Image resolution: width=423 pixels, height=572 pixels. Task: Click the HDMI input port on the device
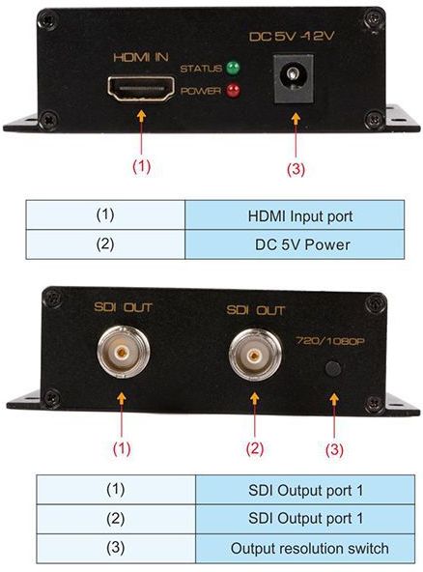click(141, 89)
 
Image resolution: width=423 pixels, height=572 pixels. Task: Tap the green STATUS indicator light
click(233, 68)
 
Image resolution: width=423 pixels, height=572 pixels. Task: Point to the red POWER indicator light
click(233, 91)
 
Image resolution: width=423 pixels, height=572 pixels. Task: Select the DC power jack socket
click(294, 79)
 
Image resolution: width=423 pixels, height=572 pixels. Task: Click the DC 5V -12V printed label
click(292, 36)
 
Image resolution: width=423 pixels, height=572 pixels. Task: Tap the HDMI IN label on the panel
click(141, 57)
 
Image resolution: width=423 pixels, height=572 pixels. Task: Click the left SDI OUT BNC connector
click(124, 353)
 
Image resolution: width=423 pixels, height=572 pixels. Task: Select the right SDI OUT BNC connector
click(255, 355)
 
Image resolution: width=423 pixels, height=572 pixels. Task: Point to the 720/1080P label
click(330, 341)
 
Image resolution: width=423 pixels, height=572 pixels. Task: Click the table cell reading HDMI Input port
click(295, 215)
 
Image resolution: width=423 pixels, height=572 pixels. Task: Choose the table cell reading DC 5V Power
click(295, 244)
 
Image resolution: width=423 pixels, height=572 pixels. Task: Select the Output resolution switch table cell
click(305, 548)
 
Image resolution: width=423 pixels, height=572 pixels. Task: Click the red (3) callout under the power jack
click(296, 169)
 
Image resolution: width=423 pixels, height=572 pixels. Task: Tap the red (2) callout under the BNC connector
click(255, 448)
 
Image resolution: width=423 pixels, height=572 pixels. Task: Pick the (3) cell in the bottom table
click(116, 548)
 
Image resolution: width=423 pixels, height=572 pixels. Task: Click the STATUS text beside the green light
click(201, 69)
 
